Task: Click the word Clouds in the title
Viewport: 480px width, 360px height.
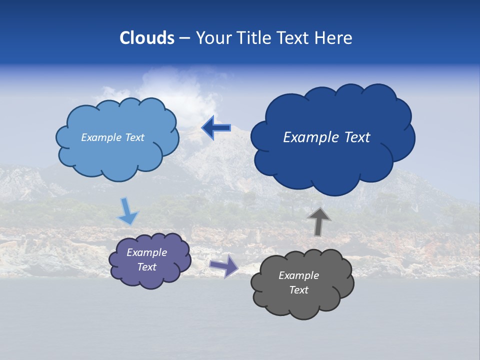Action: [147, 38]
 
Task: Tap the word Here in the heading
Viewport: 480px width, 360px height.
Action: [335, 38]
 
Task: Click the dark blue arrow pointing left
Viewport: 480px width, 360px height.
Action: [216, 128]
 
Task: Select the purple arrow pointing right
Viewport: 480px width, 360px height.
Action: [223, 265]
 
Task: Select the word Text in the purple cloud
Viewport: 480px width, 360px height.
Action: [147, 267]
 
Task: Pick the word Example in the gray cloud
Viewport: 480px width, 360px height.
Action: [298, 275]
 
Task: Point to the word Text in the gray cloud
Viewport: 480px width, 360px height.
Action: [298, 290]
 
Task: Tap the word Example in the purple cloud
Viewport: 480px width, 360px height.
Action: [147, 252]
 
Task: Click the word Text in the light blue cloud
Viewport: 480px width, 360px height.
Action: [134, 137]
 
